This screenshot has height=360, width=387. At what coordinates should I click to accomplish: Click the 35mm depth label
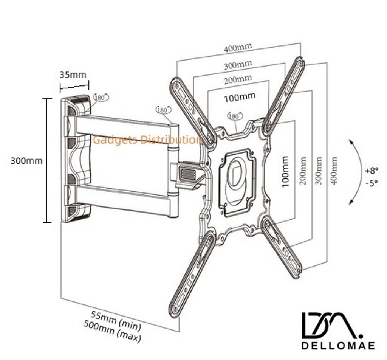(x=73, y=74)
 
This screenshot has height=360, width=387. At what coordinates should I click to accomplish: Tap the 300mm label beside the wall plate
(x=26, y=161)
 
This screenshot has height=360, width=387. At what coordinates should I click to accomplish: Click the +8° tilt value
(x=372, y=171)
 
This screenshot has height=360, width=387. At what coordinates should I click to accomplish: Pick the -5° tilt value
(x=372, y=183)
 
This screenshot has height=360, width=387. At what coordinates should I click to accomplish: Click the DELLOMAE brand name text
(x=338, y=345)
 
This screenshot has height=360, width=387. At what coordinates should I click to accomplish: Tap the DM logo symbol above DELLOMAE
(x=332, y=326)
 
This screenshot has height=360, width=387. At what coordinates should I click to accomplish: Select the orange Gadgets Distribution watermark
(x=148, y=140)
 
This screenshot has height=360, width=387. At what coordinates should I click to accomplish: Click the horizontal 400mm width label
(x=238, y=47)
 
